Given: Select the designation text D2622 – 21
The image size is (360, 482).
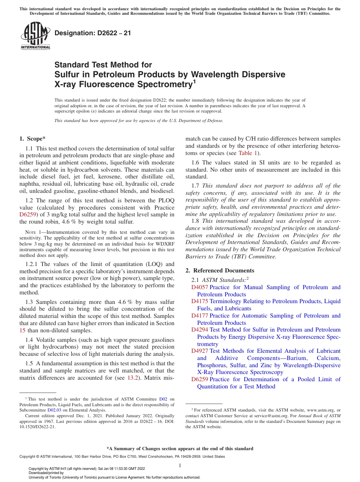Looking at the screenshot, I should pyautogui.click(x=93, y=33).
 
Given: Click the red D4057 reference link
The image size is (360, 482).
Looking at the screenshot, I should pyautogui.click(x=199, y=287).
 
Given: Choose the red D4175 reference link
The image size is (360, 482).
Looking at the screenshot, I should pyautogui.click(x=199, y=301).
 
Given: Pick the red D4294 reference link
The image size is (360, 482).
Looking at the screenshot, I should pyautogui.click(x=199, y=330).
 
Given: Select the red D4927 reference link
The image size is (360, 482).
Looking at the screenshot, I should pyautogui.click(x=199, y=351).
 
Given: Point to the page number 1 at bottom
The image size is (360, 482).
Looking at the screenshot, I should pyautogui.click(x=180, y=465).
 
